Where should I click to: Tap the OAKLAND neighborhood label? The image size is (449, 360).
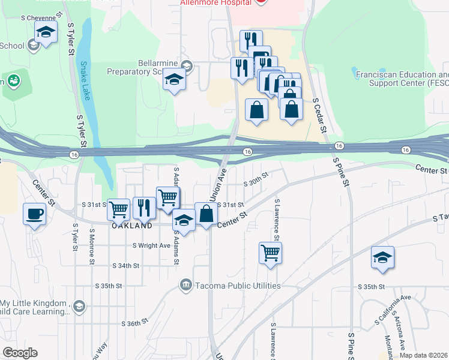point(131,227)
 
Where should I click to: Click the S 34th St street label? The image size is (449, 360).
point(125,265)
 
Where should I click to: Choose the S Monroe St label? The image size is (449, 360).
point(92,246)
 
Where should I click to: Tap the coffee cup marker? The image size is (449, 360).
point(34,214)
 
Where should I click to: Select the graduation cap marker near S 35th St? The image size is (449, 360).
point(382,257)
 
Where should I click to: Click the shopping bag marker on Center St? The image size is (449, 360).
point(206,214)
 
